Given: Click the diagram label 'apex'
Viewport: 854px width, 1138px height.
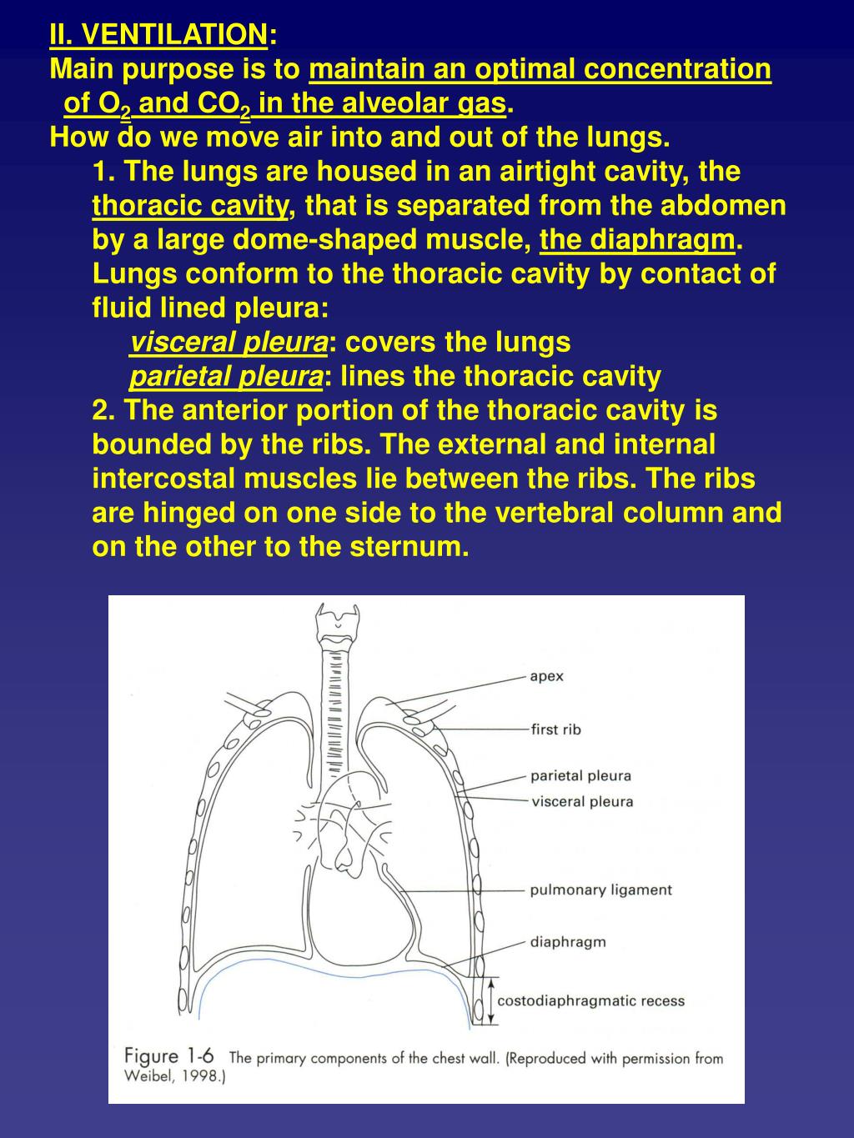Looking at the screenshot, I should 546,676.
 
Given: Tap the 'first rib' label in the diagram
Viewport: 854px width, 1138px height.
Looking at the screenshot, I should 555,729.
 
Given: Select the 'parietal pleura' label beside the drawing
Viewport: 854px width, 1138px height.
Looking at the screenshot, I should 580,776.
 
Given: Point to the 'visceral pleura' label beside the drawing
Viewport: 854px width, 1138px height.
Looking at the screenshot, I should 582,802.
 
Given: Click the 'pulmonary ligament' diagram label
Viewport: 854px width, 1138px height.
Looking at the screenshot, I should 600,890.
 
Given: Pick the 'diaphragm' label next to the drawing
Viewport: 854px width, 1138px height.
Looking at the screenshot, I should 568,942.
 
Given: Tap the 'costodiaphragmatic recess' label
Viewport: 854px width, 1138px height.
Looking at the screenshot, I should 590,1001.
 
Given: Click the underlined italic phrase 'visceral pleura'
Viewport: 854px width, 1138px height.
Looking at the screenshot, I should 229,343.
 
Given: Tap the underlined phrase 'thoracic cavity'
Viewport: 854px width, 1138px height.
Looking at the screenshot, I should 190,206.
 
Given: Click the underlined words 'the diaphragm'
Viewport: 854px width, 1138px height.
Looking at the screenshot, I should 638,240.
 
